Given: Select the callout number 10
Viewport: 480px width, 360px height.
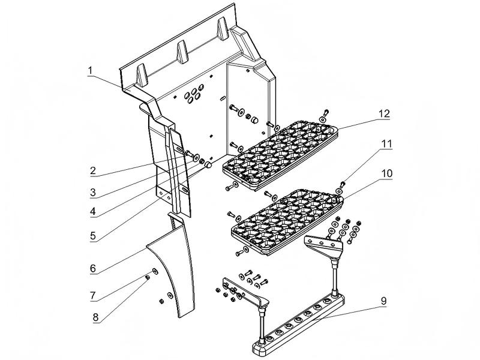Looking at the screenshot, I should pyautogui.click(x=386, y=173).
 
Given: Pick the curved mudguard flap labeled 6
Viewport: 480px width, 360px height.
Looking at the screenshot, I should pyautogui.click(x=174, y=270).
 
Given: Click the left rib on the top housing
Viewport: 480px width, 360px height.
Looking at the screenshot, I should pyautogui.click(x=141, y=73).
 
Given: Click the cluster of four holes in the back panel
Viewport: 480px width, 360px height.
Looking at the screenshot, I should pyautogui.click(x=193, y=96).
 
